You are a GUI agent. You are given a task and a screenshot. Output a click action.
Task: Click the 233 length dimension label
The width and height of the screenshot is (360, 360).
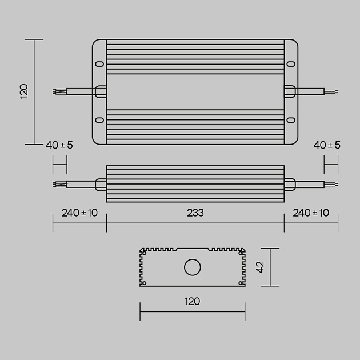click(x=195, y=213)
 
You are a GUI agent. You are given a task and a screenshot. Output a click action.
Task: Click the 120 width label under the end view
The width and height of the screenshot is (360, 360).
click(x=193, y=301)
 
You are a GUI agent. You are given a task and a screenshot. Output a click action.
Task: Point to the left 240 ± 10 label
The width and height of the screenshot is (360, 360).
click(x=79, y=213)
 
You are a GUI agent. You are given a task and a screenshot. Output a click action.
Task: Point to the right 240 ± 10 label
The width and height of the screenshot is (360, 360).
click(x=311, y=213)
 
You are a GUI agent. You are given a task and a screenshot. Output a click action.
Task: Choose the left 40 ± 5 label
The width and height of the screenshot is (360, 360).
click(x=59, y=145)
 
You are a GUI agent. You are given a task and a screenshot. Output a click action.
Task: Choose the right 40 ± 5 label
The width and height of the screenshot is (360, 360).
click(x=327, y=145)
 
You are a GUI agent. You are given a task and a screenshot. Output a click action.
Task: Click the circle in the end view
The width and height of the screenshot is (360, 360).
click(x=193, y=267)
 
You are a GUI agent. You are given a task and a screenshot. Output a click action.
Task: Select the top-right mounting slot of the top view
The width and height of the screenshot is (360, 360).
click(x=290, y=63)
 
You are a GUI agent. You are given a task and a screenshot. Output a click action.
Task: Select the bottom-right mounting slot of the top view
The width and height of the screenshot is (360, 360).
click(x=290, y=120)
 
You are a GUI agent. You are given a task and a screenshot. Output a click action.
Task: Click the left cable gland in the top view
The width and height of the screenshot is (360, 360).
click(x=101, y=91)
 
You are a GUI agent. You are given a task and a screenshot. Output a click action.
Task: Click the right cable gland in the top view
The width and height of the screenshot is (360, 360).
click(x=290, y=91)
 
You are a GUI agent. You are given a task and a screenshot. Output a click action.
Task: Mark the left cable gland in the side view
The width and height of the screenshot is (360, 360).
click(x=101, y=184)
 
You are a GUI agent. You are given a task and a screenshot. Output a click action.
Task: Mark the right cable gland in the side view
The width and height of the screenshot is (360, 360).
click(x=290, y=184)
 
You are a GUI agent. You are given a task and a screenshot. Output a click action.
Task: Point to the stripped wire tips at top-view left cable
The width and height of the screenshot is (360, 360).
click(x=58, y=91)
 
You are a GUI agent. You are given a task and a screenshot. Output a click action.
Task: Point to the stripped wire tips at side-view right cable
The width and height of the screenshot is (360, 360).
click(x=332, y=184)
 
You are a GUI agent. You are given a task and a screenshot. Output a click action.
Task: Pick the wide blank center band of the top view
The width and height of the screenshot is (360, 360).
click(x=195, y=91)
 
